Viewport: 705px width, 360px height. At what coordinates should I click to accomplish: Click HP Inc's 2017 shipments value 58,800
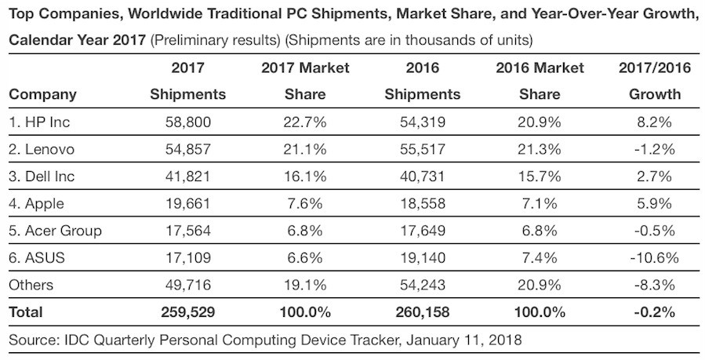pyautogui.click(x=187, y=122)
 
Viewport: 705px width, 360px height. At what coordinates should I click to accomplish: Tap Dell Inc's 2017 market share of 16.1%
pyautogui.click(x=304, y=176)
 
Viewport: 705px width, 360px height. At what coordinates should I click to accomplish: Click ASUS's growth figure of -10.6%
pyautogui.click(x=655, y=258)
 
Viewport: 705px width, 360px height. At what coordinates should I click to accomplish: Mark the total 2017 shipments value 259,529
pyautogui.click(x=187, y=312)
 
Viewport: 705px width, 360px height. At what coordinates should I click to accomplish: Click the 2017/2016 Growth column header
pyautogui.click(x=655, y=81)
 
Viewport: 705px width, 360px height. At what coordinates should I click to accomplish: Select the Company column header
pyautogui.click(x=42, y=95)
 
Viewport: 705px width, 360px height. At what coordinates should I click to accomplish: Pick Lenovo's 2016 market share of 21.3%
pyautogui.click(x=540, y=149)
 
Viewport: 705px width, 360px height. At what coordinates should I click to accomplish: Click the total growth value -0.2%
pyautogui.click(x=655, y=312)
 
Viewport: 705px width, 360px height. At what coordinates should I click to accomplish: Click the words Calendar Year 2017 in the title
pyautogui.click(x=76, y=39)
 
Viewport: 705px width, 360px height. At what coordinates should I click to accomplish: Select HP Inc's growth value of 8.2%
pyautogui.click(x=655, y=122)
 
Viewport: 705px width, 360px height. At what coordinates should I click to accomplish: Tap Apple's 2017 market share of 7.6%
pyautogui.click(x=304, y=204)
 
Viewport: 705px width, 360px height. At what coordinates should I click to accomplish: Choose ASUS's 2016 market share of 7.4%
pyautogui.click(x=540, y=258)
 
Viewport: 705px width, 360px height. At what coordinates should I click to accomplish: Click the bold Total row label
pyautogui.click(x=26, y=312)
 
